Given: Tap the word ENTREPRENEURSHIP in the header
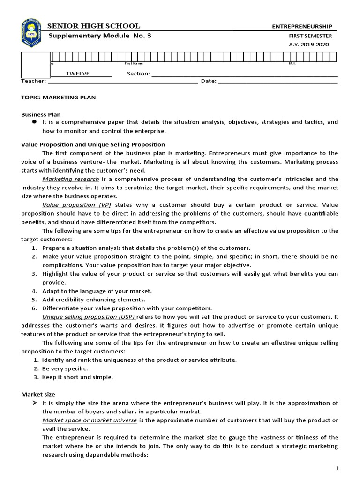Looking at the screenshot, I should [302, 27].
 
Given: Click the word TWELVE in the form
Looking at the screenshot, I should [77, 74].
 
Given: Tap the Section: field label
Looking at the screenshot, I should [138, 74].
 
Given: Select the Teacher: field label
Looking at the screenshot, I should [33, 81].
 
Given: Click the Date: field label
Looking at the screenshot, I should [209, 81].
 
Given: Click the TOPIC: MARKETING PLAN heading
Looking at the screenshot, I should [59, 97].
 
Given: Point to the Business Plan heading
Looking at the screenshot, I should [41, 114].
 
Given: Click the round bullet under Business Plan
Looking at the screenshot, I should [34, 122].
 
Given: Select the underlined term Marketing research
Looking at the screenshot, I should [71, 179].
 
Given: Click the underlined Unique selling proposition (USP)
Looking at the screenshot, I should [85, 317].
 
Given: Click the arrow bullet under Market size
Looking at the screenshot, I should [34, 403].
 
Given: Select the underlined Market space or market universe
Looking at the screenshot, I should [90, 420].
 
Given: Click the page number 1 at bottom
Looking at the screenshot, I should [337, 469].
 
